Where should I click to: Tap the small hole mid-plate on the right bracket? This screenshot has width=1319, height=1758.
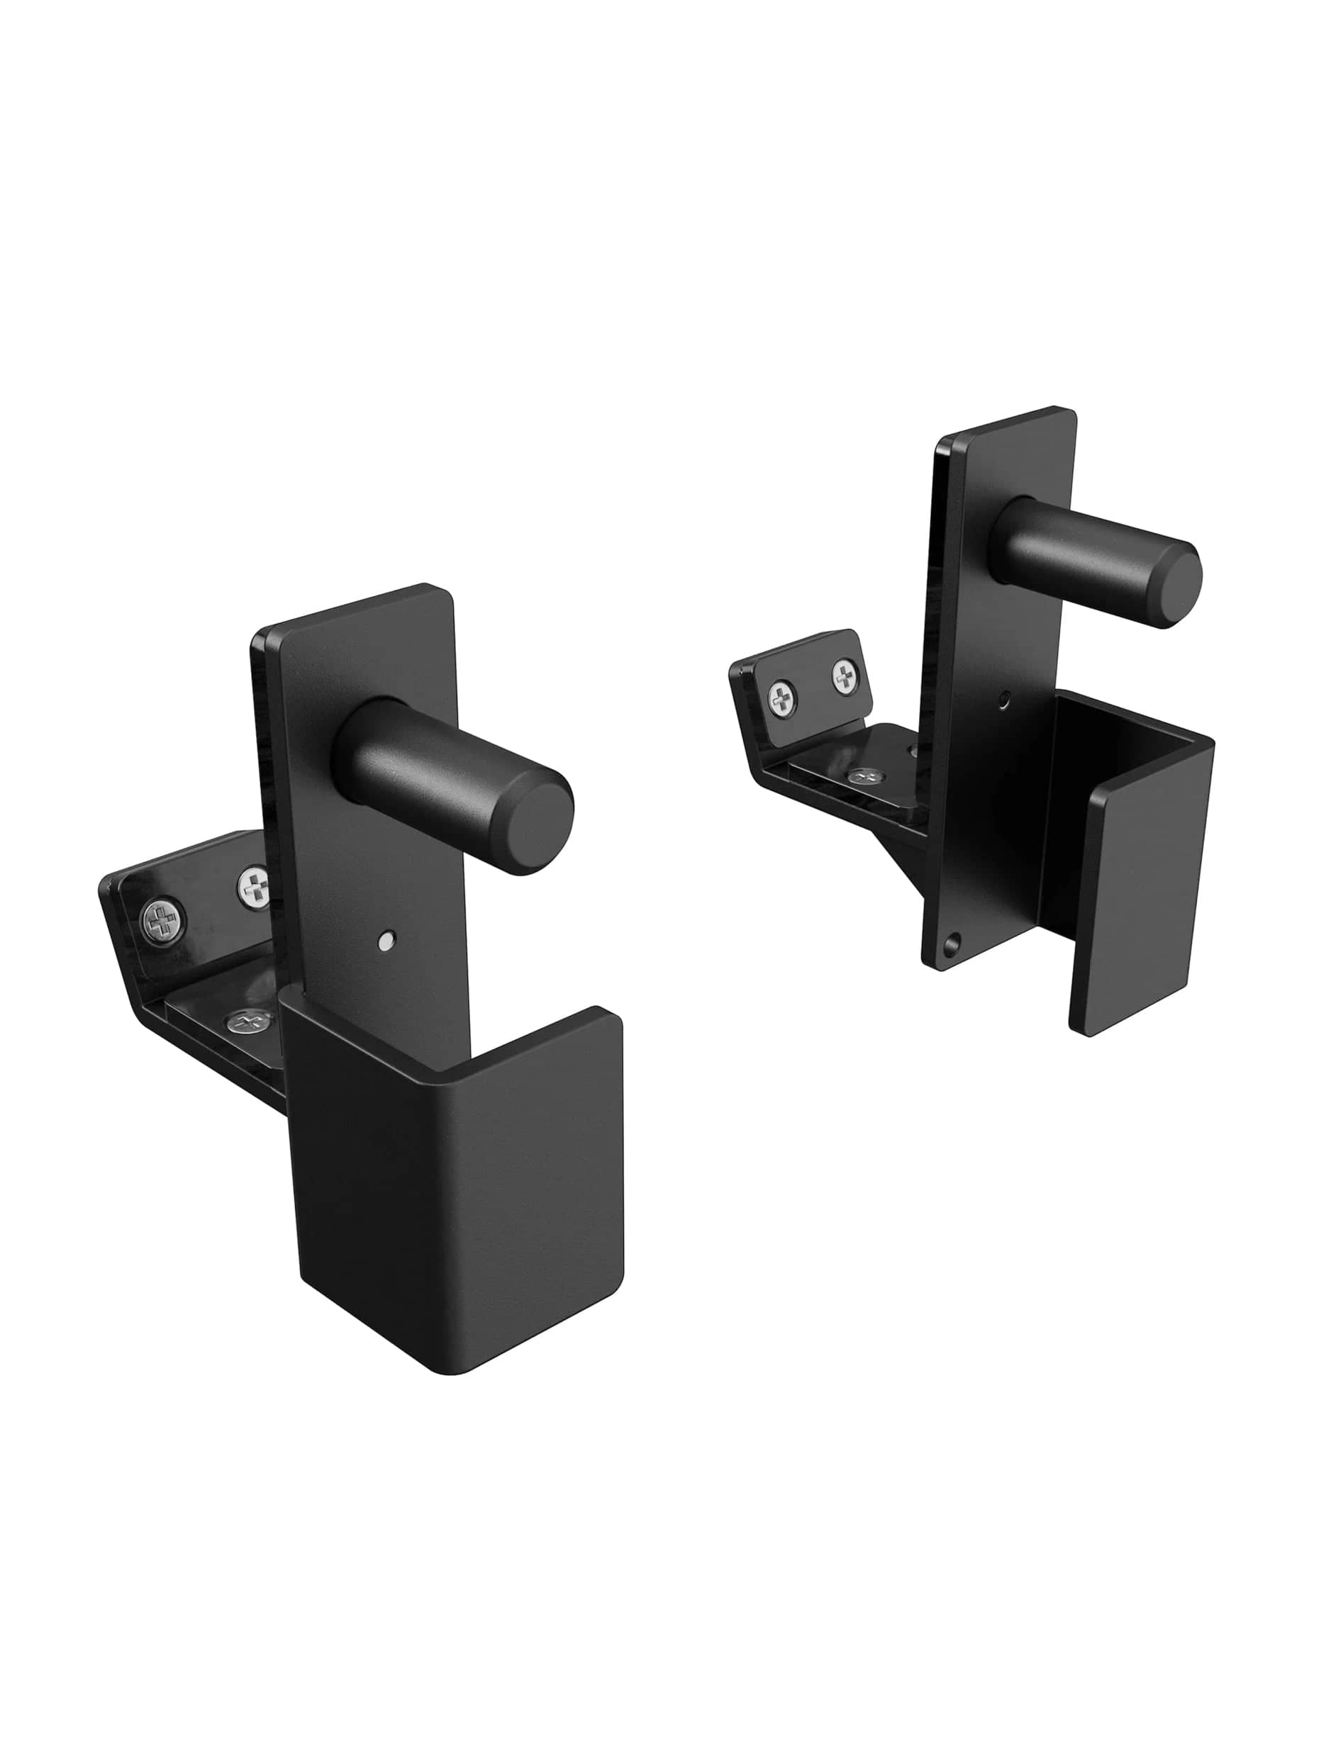1006,700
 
